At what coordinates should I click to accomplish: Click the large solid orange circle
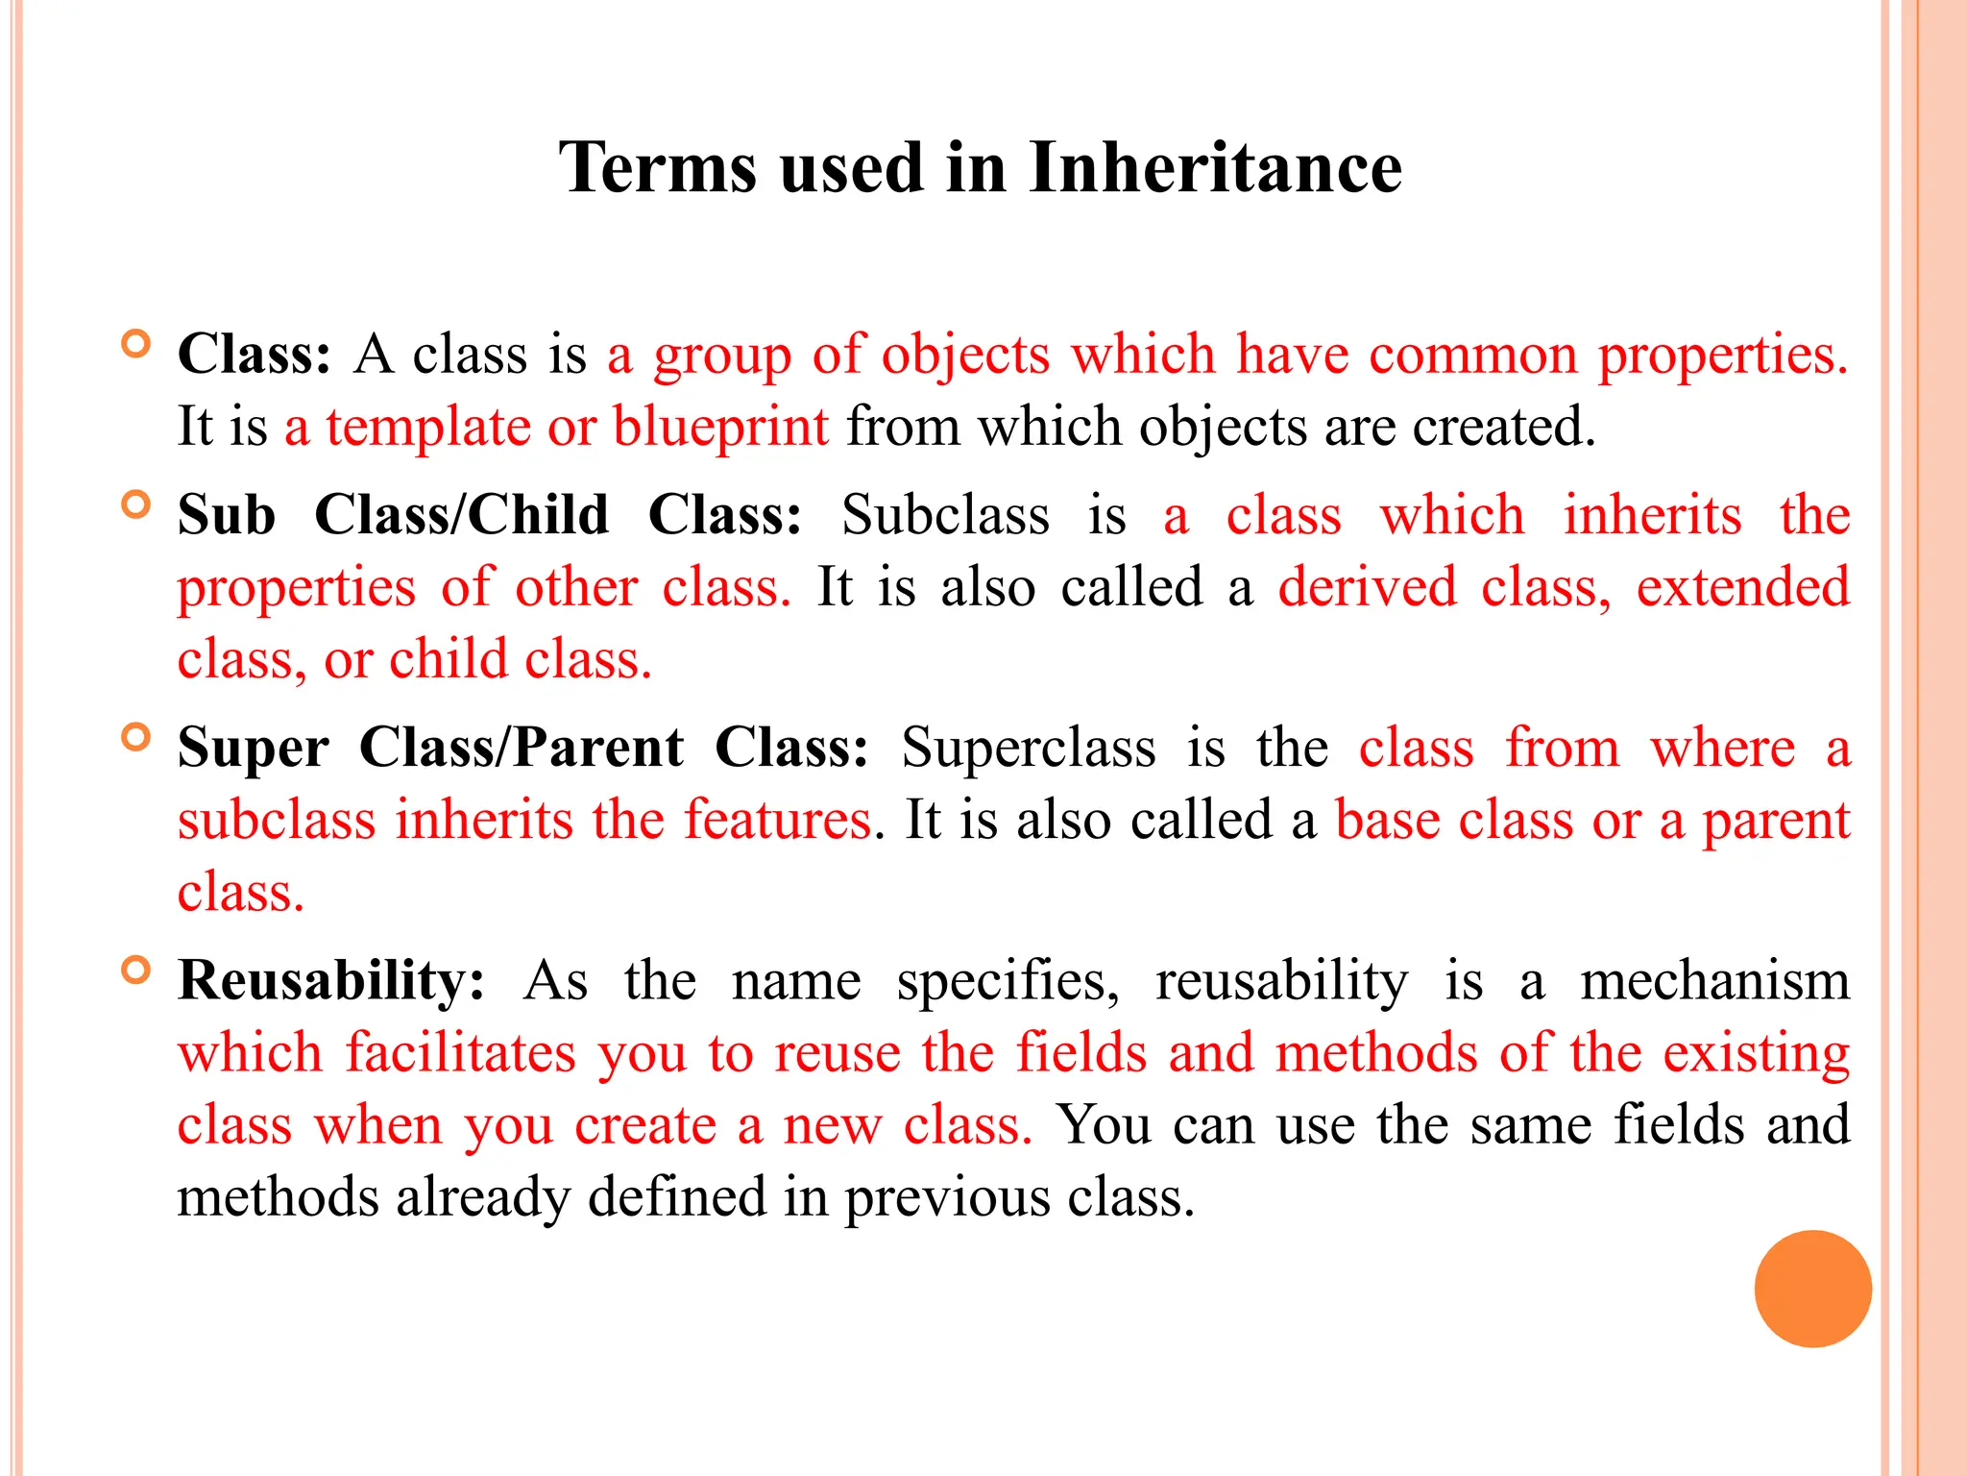pos(1812,1289)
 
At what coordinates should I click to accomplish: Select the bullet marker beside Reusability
pos(137,970)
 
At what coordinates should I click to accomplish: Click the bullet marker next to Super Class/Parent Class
pos(137,737)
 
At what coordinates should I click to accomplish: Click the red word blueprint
pos(720,427)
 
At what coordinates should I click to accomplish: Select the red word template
pos(428,427)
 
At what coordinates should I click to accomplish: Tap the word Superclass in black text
pos(1029,748)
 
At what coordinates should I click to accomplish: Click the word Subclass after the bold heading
pos(946,515)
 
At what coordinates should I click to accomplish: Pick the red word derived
pos(1368,587)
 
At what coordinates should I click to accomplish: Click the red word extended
pos(1742,587)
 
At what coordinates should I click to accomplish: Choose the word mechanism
pos(1715,981)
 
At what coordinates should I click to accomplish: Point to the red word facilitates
pos(461,1053)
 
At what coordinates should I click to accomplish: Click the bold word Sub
pos(227,515)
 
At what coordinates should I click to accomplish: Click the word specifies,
pos(1008,981)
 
